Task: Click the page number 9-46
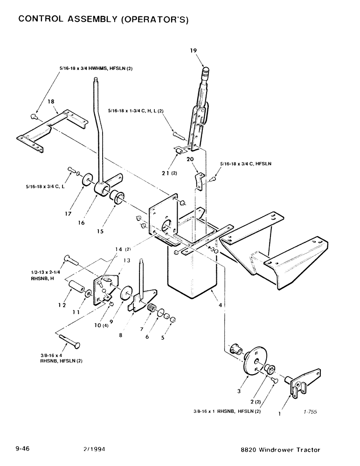tap(24, 450)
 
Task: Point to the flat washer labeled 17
tap(86, 180)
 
